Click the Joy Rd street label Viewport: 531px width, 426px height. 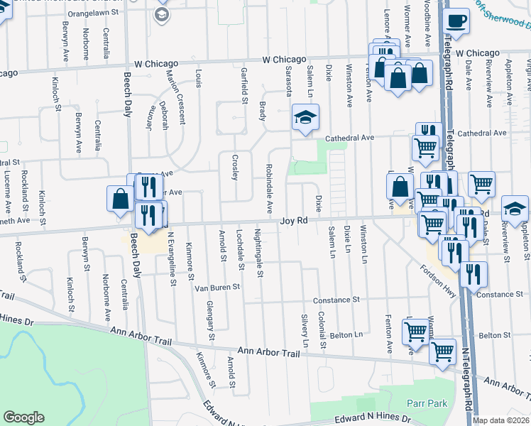tap(293, 222)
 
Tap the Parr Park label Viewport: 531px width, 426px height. tap(427, 403)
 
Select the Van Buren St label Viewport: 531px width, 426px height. tap(218, 288)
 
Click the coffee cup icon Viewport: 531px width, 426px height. tap(456, 22)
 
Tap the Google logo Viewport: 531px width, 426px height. tap(23, 418)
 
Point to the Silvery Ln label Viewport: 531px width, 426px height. tap(305, 331)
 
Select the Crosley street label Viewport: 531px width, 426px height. tap(235, 168)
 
